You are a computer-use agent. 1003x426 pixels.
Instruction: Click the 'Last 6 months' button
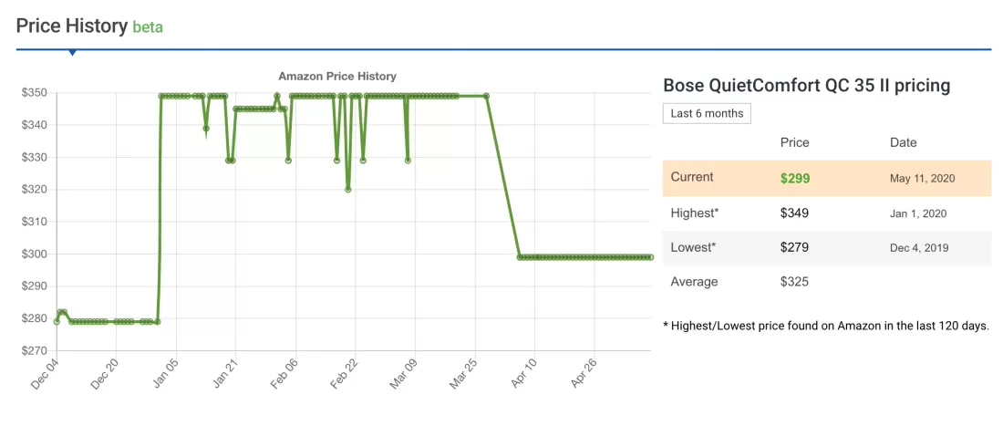pyautogui.click(x=707, y=114)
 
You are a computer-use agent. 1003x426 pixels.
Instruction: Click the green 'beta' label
pyautogui.click(x=148, y=26)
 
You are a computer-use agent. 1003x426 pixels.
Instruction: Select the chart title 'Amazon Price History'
pyautogui.click(x=337, y=77)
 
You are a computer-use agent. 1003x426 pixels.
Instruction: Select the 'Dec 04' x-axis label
pyautogui.click(x=45, y=373)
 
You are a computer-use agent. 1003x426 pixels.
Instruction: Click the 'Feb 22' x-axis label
pyautogui.click(x=345, y=373)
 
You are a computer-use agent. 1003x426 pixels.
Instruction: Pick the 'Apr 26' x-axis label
pyautogui.click(x=584, y=373)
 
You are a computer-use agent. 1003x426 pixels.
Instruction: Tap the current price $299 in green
pyautogui.click(x=795, y=178)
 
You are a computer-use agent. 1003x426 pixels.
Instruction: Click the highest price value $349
pyautogui.click(x=795, y=213)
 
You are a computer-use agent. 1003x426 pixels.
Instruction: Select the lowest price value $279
pyautogui.click(x=795, y=247)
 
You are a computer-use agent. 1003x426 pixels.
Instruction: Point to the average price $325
pyautogui.click(x=795, y=282)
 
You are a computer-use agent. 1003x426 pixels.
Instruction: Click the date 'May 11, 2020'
pyautogui.click(x=922, y=178)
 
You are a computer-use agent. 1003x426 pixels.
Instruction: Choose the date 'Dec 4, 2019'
pyautogui.click(x=919, y=247)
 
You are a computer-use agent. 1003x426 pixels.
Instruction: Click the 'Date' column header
pyautogui.click(x=904, y=142)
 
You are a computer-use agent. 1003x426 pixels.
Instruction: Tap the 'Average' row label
pyautogui.click(x=694, y=282)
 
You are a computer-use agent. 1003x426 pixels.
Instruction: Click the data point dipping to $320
pyautogui.click(x=348, y=189)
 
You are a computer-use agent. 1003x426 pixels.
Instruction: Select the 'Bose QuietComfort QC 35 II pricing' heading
pyautogui.click(x=807, y=86)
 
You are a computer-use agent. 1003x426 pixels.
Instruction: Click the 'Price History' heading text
pyautogui.click(x=71, y=26)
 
